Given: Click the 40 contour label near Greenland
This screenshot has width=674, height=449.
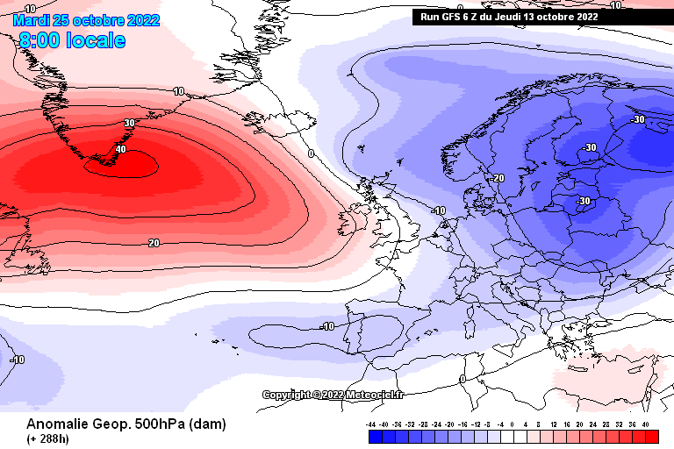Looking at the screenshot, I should (121, 150).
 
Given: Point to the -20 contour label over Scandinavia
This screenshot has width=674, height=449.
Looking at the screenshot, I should (498, 178).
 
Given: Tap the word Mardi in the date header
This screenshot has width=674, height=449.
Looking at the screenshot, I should (32, 19).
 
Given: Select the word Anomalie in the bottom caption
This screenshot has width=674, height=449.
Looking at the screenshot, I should (55, 424).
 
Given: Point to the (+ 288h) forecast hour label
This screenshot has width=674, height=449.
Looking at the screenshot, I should (48, 438).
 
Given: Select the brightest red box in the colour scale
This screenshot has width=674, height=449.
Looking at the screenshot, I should (650, 436).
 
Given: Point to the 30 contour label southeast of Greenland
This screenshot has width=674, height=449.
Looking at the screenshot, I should (130, 124).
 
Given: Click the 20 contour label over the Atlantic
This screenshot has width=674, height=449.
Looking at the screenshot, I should (154, 243).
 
